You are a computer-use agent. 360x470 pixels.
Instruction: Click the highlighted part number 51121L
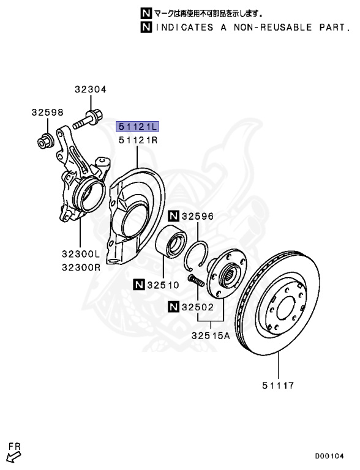click(137, 127)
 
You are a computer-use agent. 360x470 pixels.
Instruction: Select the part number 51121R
click(138, 140)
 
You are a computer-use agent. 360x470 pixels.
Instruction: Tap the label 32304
click(90, 89)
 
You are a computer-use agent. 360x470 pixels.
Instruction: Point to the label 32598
click(47, 113)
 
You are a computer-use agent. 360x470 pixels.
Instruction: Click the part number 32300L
click(81, 254)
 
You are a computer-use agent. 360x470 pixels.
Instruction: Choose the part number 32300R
click(81, 267)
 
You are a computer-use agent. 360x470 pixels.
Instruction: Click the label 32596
click(198, 216)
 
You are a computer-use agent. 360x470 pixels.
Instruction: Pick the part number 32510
click(163, 285)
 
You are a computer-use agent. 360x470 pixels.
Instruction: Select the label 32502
click(198, 307)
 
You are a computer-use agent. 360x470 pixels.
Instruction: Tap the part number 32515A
click(211, 335)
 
